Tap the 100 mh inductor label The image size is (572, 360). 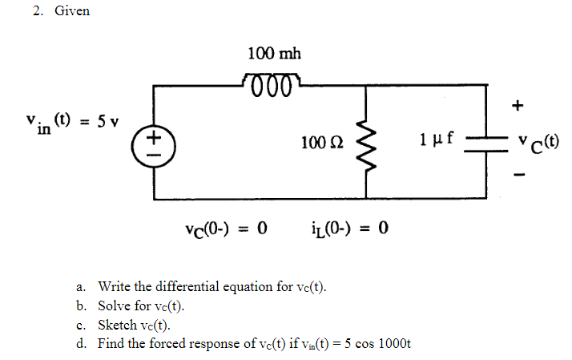(x=274, y=55)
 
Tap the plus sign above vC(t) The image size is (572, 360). (x=518, y=104)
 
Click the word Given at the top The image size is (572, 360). (x=72, y=11)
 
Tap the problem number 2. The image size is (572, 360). (x=38, y=11)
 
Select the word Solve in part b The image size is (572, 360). (x=112, y=305)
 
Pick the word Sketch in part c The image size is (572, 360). (x=115, y=325)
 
